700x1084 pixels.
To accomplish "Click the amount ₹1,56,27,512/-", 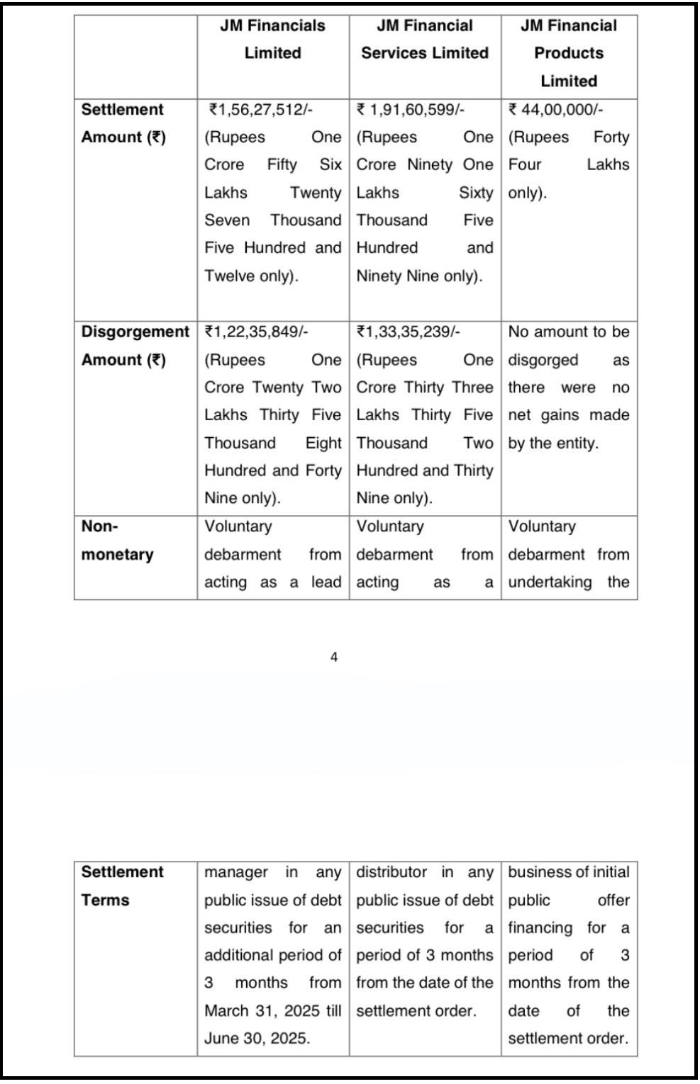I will coord(261,110).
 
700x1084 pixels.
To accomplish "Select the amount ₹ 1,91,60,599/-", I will coord(411,110).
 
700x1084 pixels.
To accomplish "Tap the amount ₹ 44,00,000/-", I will coord(556,110).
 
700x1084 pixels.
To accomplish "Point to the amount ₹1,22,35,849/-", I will coord(256,332).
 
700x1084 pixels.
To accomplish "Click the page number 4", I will coord(334,657).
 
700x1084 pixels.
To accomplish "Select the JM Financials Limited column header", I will coord(273,40).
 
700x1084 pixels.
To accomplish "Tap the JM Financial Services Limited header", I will coord(425,40).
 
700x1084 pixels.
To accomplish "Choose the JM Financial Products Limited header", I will coord(569,53).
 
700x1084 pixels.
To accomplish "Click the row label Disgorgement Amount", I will coord(135,346).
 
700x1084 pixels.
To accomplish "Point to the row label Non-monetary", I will coord(117,541).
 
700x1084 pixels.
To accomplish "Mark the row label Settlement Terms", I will coord(122,886).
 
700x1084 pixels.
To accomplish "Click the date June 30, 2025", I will coord(257,1039).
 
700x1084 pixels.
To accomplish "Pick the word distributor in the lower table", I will coord(391,872).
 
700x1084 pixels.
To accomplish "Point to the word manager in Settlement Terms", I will coord(236,872).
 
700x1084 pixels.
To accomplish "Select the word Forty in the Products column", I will coord(611,137).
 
